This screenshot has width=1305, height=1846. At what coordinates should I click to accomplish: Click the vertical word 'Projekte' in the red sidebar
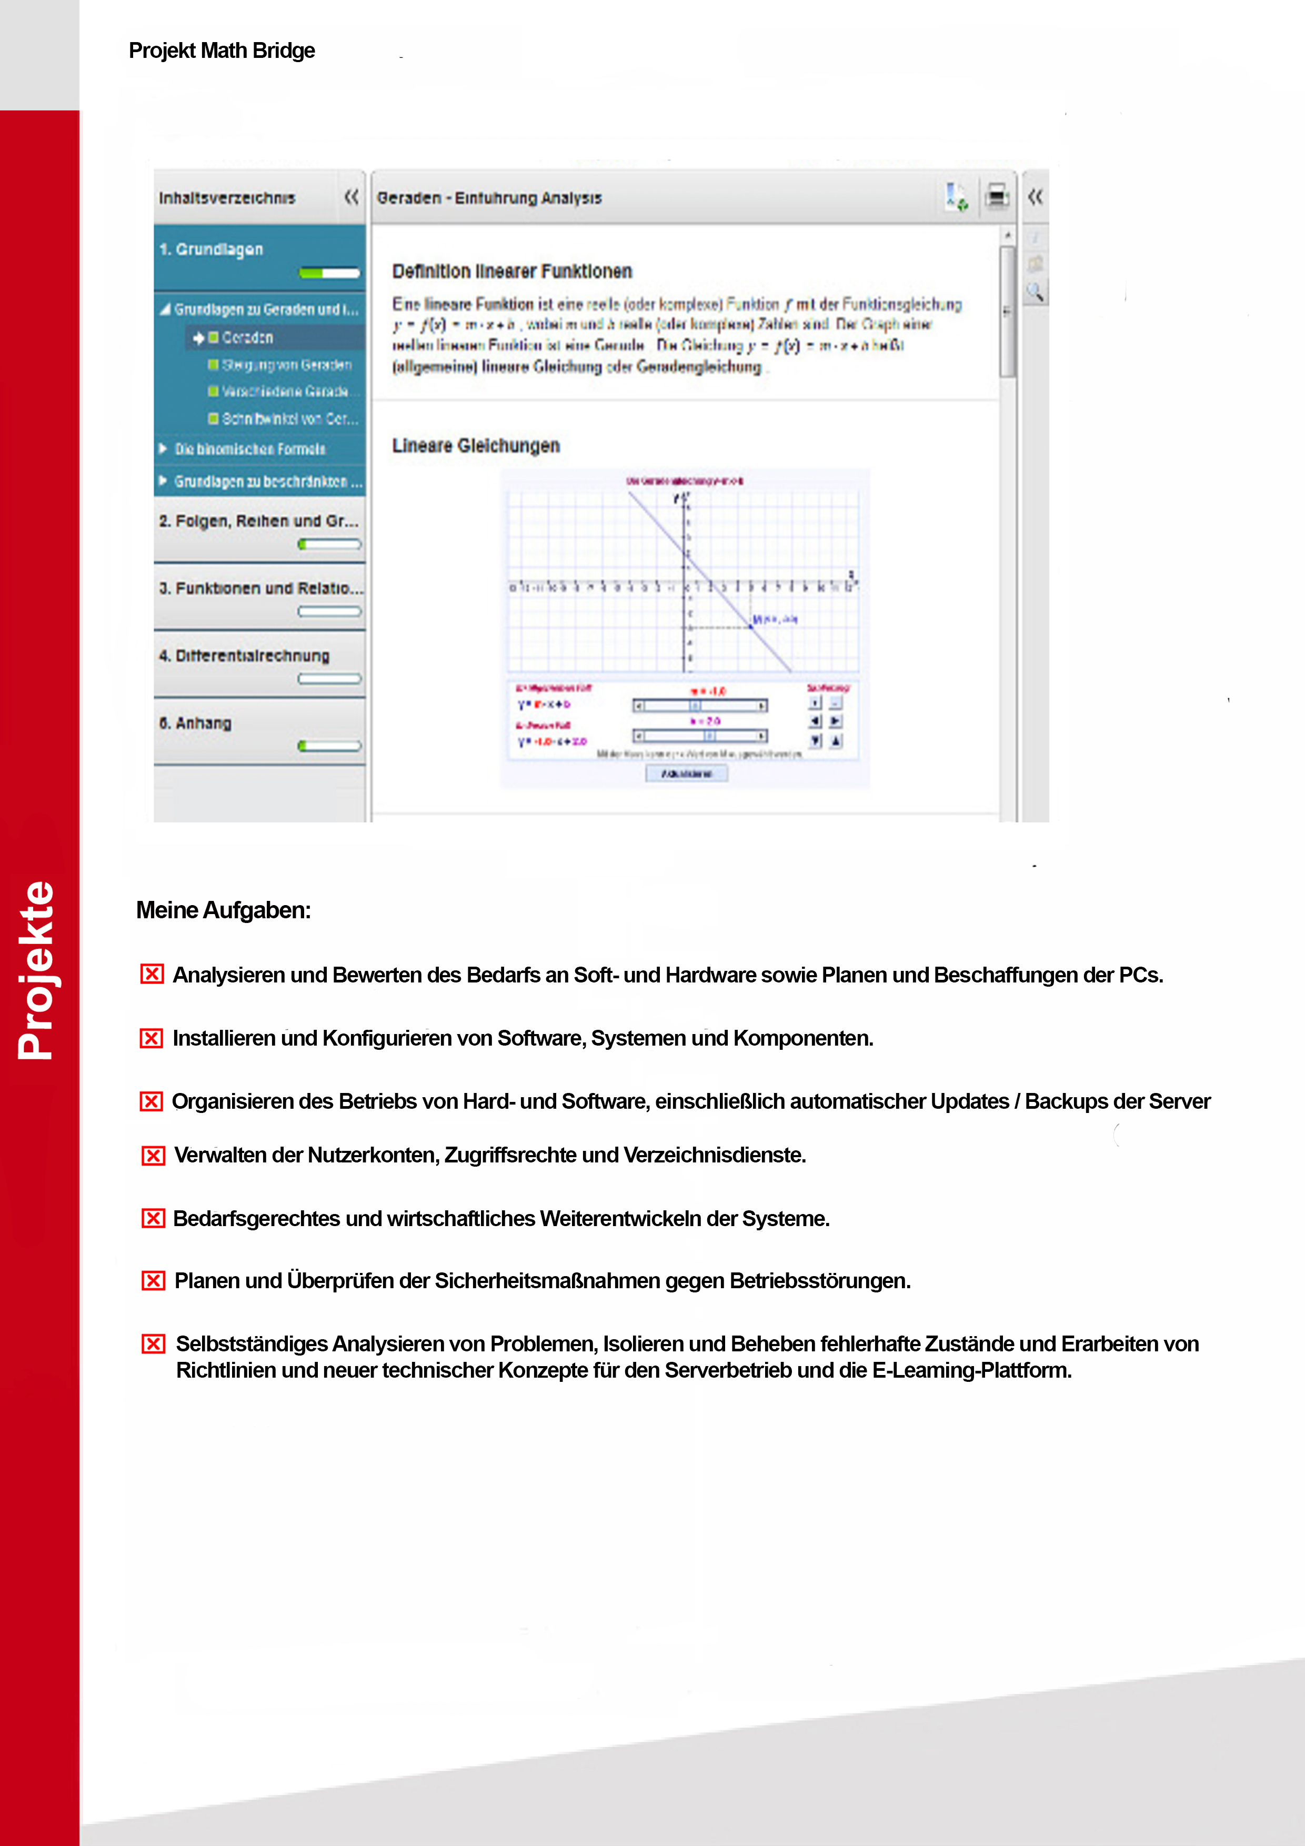coord(36,970)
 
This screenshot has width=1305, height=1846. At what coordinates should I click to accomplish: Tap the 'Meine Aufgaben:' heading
coord(223,910)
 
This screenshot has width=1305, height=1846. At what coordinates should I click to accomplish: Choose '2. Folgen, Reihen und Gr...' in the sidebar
coord(258,521)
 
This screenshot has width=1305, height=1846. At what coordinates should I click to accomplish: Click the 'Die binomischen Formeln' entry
coord(250,449)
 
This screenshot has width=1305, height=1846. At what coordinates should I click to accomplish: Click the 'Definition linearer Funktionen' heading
coord(511,272)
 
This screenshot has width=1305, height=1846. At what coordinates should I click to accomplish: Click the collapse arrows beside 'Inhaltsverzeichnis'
coord(352,196)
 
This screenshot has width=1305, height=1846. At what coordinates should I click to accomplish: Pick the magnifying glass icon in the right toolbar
coord(1036,292)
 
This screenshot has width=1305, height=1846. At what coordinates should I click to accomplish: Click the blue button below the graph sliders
coord(687,774)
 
